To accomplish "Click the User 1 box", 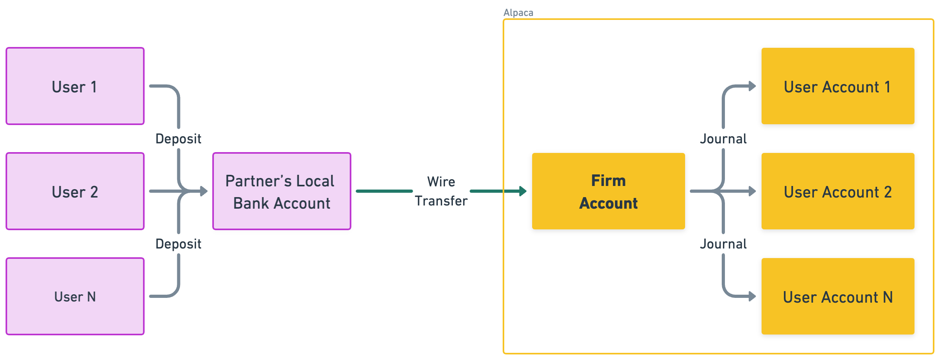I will [x=75, y=86].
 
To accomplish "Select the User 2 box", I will [x=75, y=191].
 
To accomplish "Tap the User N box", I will [x=75, y=296].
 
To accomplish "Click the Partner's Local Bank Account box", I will [x=282, y=191].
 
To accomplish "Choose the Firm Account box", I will [x=608, y=191].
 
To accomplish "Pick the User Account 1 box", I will [x=838, y=86].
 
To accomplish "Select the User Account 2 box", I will [x=838, y=191].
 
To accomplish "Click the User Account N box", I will [x=838, y=296].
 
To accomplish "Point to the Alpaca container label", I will [x=518, y=13].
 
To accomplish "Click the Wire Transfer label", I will [x=441, y=191].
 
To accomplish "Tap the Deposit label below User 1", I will [x=178, y=139].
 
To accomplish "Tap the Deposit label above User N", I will [x=178, y=244].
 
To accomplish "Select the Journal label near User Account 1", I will [x=723, y=139].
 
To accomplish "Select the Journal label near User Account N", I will [x=723, y=244].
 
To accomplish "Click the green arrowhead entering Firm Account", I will [x=523, y=191].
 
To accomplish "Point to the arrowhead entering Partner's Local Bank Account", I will [x=204, y=191].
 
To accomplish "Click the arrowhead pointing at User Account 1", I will [x=752, y=86].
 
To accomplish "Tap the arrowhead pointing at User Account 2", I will [x=752, y=191].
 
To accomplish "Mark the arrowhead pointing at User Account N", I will [x=752, y=296].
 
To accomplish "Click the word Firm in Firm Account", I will [x=608, y=181].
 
